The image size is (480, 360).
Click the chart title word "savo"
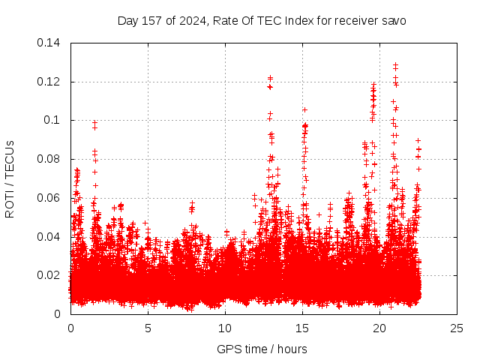[x=392, y=20]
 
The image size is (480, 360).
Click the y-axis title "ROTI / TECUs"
[x=10, y=178]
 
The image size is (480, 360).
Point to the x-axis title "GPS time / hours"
[x=262, y=349]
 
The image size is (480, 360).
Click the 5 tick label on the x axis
[x=148, y=328]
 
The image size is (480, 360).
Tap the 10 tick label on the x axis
[x=225, y=328]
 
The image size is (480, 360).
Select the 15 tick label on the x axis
[x=302, y=328]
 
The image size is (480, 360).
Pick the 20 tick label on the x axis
[x=379, y=328]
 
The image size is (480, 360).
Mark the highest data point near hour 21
[x=395, y=64]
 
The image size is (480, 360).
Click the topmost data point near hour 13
[x=270, y=77]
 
